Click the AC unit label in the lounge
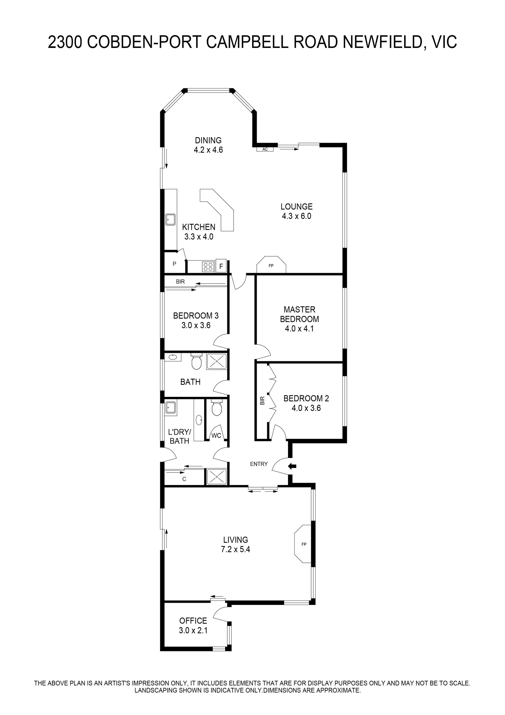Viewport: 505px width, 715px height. (265, 149)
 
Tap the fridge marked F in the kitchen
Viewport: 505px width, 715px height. (221, 266)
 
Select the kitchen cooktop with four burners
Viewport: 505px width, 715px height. (208, 267)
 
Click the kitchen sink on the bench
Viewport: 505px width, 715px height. (170, 219)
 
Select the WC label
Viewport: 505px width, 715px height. (216, 435)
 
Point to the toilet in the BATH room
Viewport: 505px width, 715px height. (196, 361)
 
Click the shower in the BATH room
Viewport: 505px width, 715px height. (216, 362)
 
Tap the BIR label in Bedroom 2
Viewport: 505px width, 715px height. (262, 401)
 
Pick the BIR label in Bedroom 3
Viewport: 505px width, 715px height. (180, 282)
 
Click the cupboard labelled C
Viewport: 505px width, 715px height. (184, 479)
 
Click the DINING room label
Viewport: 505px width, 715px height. (208, 140)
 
